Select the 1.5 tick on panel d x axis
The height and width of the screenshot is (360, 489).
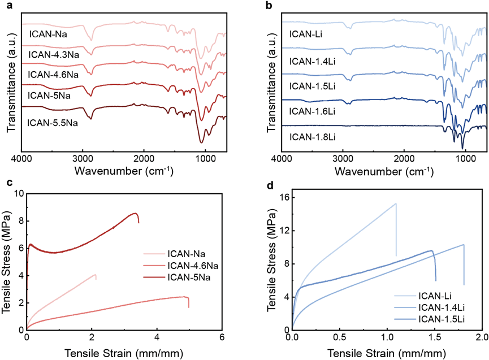pos(434,337)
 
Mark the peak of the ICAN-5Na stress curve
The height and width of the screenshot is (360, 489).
pos(135,213)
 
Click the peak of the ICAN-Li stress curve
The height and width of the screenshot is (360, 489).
pos(396,203)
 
